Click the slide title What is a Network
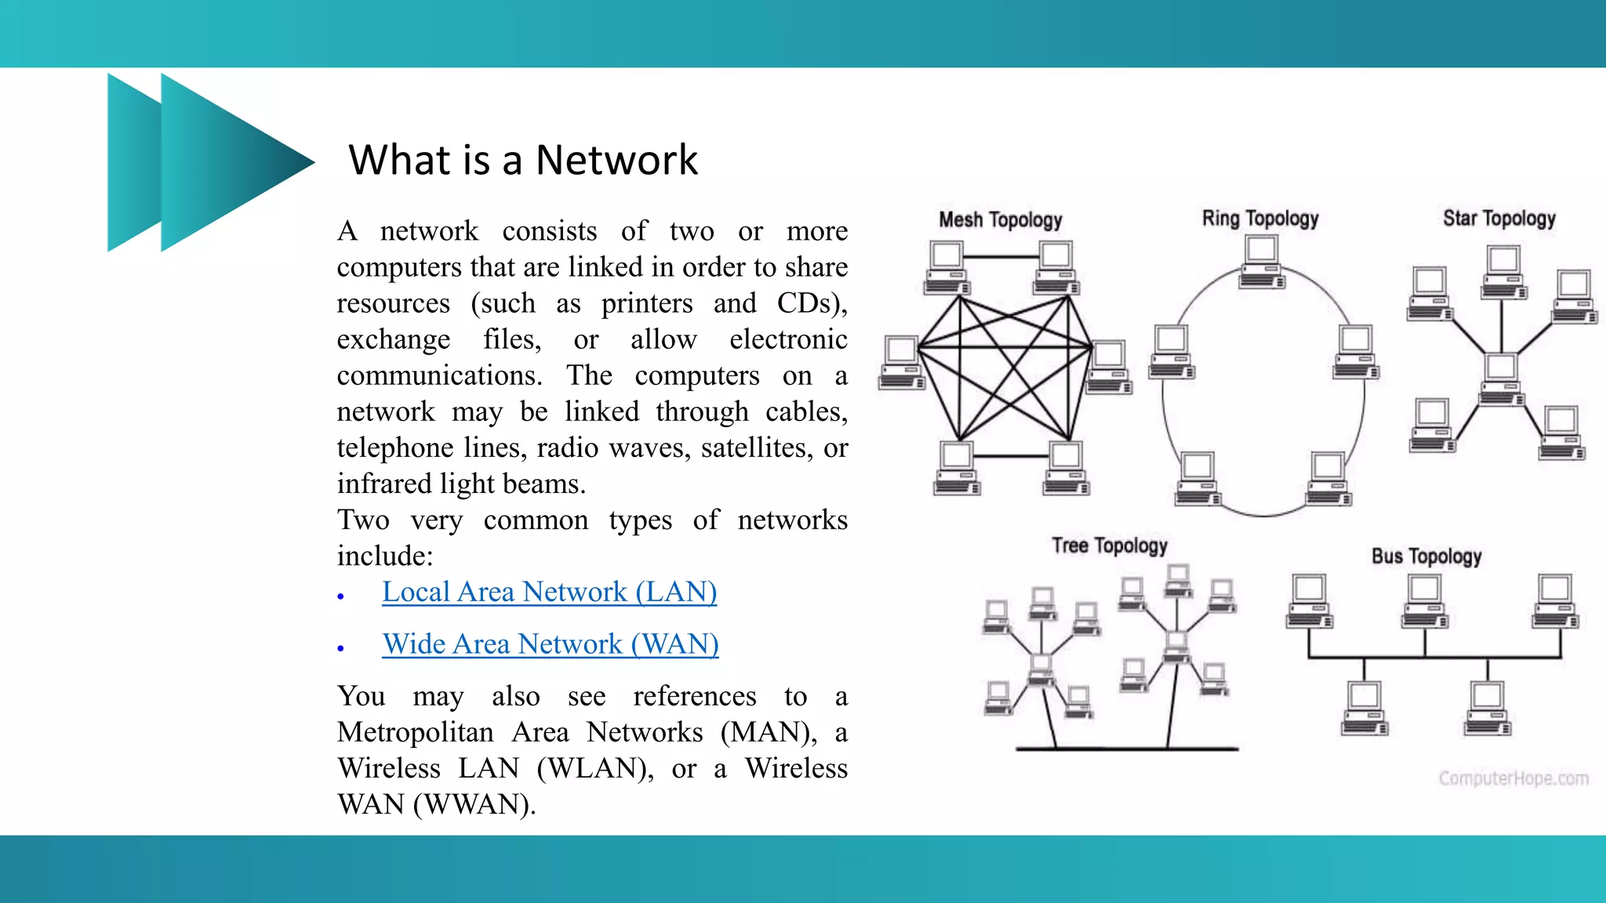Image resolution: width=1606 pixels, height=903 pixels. (523, 160)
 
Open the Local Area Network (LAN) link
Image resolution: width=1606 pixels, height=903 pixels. (549, 592)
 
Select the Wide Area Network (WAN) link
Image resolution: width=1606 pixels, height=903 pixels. (550, 644)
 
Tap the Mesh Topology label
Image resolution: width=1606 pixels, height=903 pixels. (1000, 219)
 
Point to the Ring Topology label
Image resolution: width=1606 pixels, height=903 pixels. (1260, 218)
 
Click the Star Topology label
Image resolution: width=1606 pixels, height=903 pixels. (1499, 218)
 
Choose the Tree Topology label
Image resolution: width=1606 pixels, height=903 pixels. (1109, 545)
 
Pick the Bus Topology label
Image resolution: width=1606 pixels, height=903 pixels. (1426, 556)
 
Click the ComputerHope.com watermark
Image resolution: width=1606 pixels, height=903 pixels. (1513, 778)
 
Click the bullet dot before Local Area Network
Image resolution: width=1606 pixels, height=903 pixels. (341, 597)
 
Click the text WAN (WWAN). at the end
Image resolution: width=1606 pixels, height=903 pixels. (436, 804)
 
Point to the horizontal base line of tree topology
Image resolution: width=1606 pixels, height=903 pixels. (1127, 749)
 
